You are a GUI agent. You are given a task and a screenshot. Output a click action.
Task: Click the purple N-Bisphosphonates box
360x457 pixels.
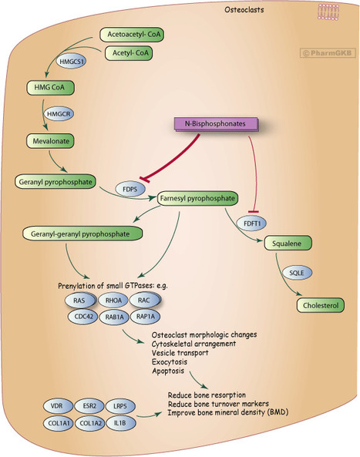coord(216,124)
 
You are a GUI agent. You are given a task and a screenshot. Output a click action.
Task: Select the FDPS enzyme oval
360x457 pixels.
coord(130,189)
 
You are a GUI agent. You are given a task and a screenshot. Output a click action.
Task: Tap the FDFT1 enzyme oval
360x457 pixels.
coord(251,223)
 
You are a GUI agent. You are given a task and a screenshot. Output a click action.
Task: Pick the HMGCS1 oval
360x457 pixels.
coord(71,62)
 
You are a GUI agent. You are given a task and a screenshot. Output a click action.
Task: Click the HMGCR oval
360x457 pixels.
coord(59,113)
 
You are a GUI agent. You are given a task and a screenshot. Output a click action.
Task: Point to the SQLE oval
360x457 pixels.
coord(297,273)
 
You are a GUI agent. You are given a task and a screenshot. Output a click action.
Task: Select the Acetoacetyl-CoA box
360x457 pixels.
coord(132,35)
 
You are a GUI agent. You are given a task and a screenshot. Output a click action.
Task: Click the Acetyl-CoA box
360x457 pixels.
coord(129,53)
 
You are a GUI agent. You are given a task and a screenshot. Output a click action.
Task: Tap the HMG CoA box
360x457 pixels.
coord(50,87)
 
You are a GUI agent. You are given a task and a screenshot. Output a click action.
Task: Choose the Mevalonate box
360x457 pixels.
coord(50,141)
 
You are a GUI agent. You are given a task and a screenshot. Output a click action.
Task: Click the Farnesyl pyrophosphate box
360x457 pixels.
coord(197,199)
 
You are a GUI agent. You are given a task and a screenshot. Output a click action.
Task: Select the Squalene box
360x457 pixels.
coord(288,244)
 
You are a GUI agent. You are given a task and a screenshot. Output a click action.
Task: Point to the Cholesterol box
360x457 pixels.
coord(320,305)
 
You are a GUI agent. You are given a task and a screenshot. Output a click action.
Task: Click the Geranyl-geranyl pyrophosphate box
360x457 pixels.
coord(82,234)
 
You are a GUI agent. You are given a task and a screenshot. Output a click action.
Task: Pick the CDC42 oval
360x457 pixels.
coord(82,316)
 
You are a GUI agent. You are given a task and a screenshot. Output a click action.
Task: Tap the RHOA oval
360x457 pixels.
coord(113,301)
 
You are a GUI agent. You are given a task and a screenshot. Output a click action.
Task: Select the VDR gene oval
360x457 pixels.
coord(57,405)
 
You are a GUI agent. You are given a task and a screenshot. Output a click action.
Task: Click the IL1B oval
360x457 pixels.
coord(120,422)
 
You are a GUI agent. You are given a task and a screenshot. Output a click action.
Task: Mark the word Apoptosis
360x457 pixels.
coord(168,371)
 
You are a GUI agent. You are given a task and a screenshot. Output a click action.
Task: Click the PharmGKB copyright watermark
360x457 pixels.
coord(328,53)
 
